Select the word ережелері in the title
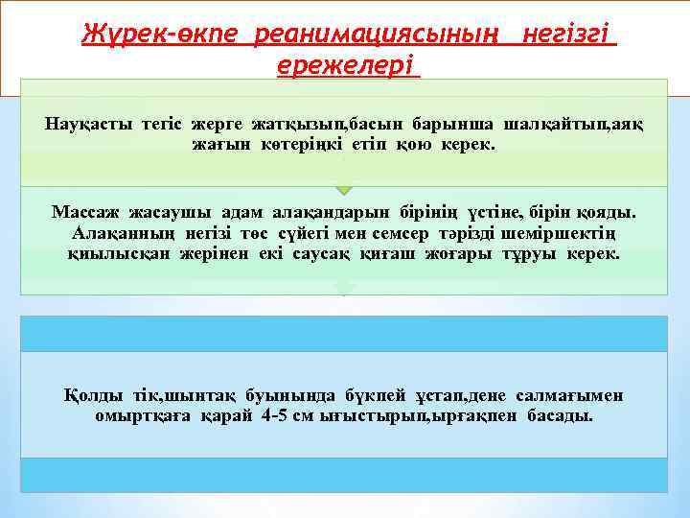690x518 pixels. pyautogui.click(x=347, y=66)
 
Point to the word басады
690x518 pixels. pyautogui.click(x=560, y=416)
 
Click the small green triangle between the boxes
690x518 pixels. pyautogui.click(x=344, y=190)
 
